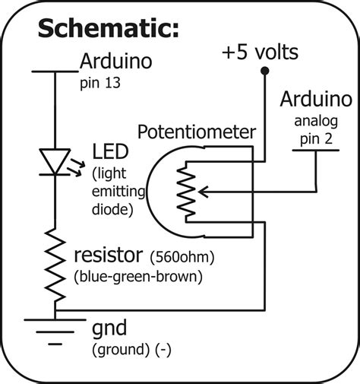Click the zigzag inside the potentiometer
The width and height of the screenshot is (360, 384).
point(184,194)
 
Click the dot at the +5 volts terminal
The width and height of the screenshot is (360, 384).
point(263,73)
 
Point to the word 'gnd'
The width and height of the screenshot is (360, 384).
point(109,330)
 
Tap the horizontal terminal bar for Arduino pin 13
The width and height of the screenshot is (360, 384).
point(56,71)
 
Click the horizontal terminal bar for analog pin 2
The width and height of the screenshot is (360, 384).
point(316,151)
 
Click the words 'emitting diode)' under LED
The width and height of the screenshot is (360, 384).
point(112,198)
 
